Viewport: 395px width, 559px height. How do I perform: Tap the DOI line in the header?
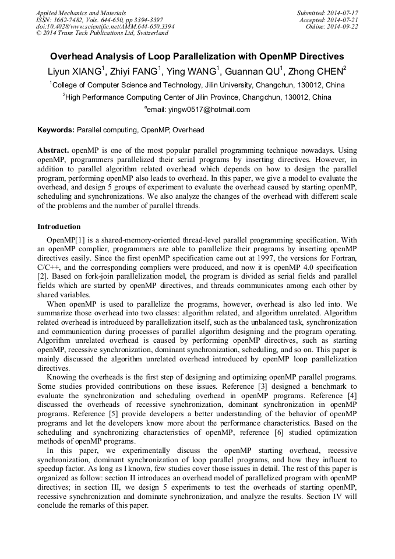pyautogui.click(x=105, y=26)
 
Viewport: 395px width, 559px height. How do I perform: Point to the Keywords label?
pyautogui.click(x=56, y=130)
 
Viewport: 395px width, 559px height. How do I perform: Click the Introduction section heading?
pyautogui.click(x=59, y=227)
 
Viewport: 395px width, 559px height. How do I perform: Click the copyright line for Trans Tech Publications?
pyautogui.click(x=102, y=33)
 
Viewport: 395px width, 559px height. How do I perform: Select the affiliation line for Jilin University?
pyautogui.click(x=197, y=85)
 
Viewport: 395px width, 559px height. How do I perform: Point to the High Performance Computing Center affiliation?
pyautogui.click(x=197, y=97)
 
